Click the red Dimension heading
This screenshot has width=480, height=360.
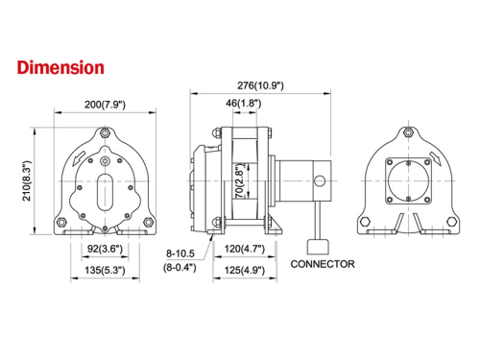[60, 68]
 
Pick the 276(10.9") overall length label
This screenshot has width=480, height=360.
[262, 86]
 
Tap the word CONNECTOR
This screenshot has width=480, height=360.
[322, 263]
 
